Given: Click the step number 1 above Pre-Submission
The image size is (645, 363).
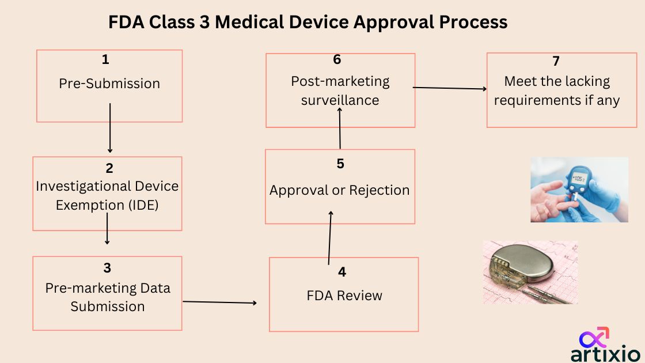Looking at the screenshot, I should [x=105, y=59].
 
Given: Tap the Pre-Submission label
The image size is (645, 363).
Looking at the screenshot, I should [x=109, y=84].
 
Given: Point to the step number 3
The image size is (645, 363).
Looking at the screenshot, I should [x=108, y=268].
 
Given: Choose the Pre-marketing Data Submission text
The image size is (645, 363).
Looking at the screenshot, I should [x=108, y=297].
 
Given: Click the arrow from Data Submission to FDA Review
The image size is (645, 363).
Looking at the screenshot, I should [x=219, y=302].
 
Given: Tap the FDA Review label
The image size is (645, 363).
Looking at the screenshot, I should [x=344, y=296].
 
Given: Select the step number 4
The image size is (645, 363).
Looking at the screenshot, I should [x=343, y=272].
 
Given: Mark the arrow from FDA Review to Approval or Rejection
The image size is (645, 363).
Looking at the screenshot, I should [x=330, y=237].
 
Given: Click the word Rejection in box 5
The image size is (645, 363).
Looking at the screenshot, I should [x=381, y=190].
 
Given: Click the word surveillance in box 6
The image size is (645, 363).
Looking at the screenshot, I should [x=340, y=100].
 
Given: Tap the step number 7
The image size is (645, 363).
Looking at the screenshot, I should [x=556, y=62].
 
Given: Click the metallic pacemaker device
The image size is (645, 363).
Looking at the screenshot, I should [x=524, y=268].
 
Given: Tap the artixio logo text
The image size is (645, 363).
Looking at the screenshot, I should [x=605, y=353].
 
